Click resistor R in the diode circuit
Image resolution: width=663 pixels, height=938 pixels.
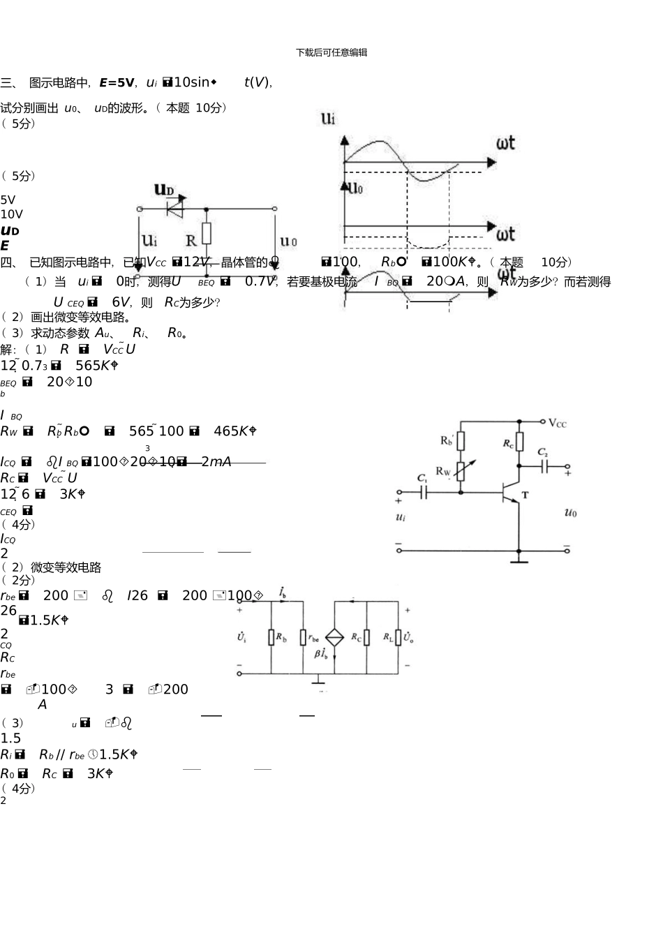click(x=207, y=234)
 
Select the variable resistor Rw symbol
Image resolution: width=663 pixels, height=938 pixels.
click(x=461, y=471)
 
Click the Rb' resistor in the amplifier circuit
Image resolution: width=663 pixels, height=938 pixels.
click(x=461, y=440)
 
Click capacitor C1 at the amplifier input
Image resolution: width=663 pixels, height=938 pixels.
click(x=423, y=493)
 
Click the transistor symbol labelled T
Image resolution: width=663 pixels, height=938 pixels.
click(x=513, y=493)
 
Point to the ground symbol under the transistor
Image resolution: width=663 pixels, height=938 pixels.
click(x=519, y=558)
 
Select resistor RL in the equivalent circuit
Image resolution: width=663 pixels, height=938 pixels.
click(x=398, y=637)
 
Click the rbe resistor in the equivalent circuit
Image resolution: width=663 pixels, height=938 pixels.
click(x=304, y=637)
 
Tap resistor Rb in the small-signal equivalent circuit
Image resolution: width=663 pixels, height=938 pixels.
click(x=271, y=637)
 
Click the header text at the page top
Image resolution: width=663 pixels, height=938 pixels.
click(x=331, y=52)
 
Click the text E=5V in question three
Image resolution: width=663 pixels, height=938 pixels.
click(x=117, y=83)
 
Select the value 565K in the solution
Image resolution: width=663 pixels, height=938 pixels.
click(x=96, y=366)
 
